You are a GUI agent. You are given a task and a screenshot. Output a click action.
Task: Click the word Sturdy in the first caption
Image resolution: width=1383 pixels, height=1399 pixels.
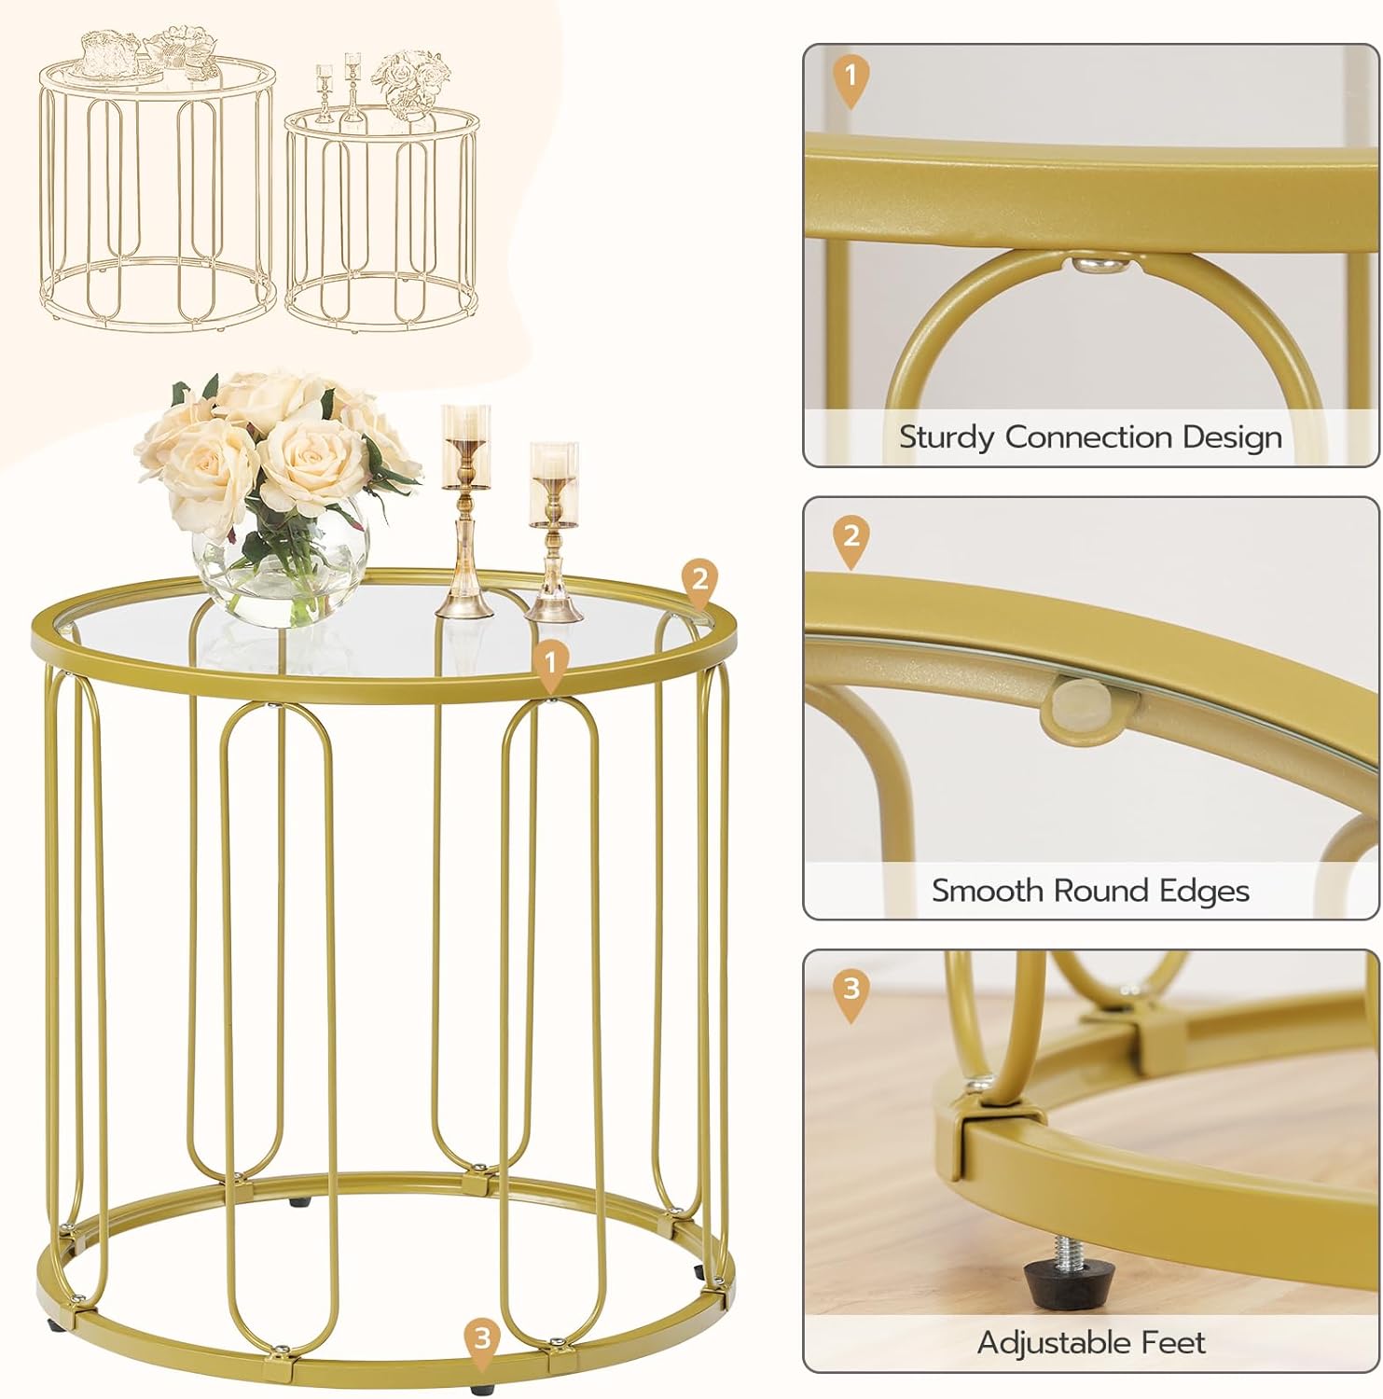tap(946, 437)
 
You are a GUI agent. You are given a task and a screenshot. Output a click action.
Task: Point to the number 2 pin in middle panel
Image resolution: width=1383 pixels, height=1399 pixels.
tap(851, 539)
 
